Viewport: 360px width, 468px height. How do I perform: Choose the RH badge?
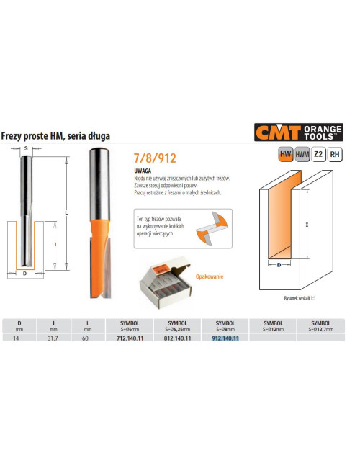pos(334,154)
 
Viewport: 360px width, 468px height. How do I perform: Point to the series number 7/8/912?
pos(154,156)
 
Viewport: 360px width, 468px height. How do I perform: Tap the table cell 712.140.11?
pos(130,338)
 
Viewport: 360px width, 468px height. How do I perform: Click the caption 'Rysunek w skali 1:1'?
pos(297,297)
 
